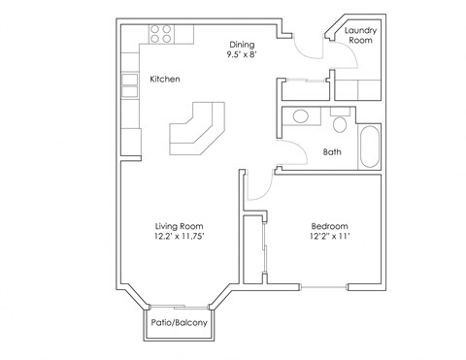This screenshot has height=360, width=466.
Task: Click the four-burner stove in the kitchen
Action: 162,34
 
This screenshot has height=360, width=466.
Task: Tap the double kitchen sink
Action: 128,87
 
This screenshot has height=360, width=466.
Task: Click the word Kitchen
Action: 164,79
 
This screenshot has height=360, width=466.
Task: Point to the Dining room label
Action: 242,45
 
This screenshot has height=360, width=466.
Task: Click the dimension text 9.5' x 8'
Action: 243,56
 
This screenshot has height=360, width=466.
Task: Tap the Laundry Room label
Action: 361,37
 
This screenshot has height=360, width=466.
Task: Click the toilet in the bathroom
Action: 339,123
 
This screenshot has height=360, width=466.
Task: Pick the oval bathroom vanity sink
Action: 300,117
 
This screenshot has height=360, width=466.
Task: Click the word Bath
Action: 331,152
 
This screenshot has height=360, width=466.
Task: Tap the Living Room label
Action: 179,227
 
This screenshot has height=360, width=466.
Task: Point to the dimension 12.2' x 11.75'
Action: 179,239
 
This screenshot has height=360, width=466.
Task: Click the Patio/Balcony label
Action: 180,324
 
